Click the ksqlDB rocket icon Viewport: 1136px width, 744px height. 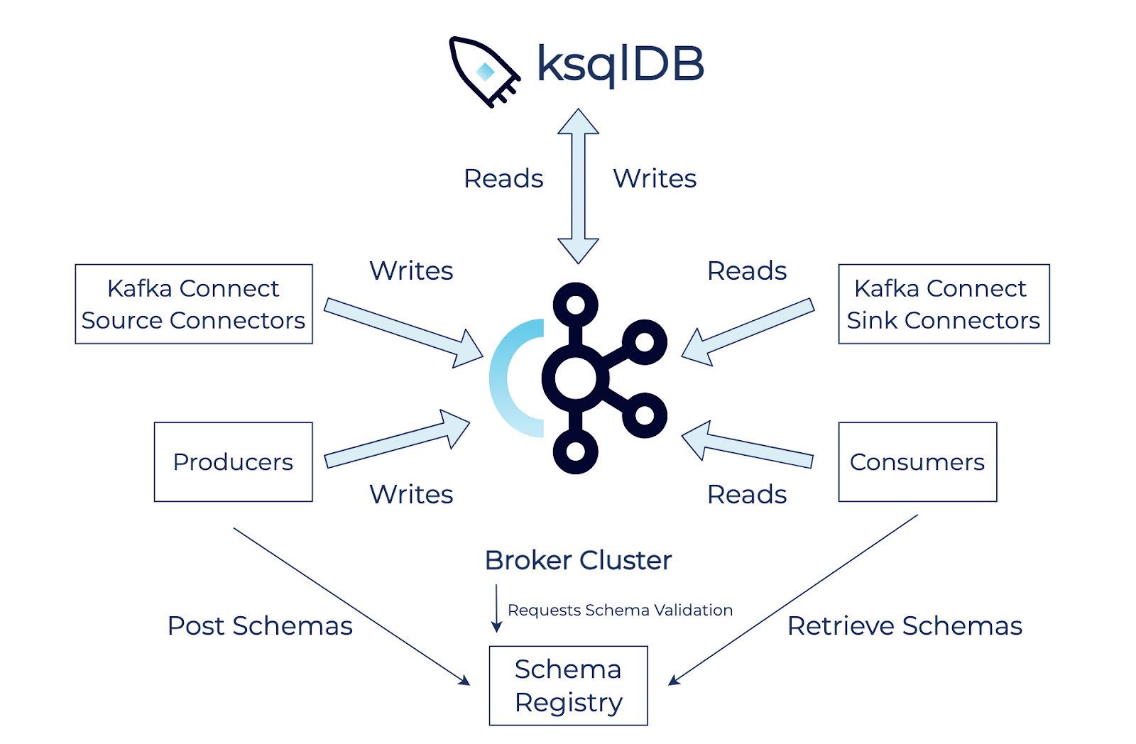[483, 71]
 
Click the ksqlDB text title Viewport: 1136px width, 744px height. [621, 64]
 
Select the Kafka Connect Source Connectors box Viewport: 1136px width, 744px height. [194, 304]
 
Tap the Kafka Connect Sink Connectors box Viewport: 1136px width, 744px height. [944, 304]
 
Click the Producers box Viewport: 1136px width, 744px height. [233, 462]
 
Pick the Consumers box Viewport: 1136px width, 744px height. [917, 462]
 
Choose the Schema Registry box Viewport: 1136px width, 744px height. [568, 685]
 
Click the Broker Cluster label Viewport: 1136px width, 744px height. [578, 560]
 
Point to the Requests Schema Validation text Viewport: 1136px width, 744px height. [620, 610]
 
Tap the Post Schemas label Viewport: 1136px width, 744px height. [260, 625]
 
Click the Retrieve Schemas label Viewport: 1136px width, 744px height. [905, 625]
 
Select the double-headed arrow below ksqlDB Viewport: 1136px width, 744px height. [579, 186]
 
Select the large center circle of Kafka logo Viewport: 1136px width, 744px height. [576, 378]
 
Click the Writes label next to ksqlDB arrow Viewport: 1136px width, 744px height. [655, 178]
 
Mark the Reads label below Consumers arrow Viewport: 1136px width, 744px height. [747, 494]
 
